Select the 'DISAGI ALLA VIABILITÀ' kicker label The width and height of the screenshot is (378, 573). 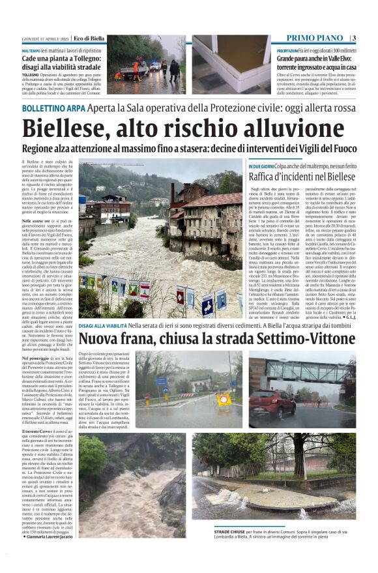(102, 344)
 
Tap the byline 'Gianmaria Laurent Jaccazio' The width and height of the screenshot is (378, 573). (53, 555)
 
